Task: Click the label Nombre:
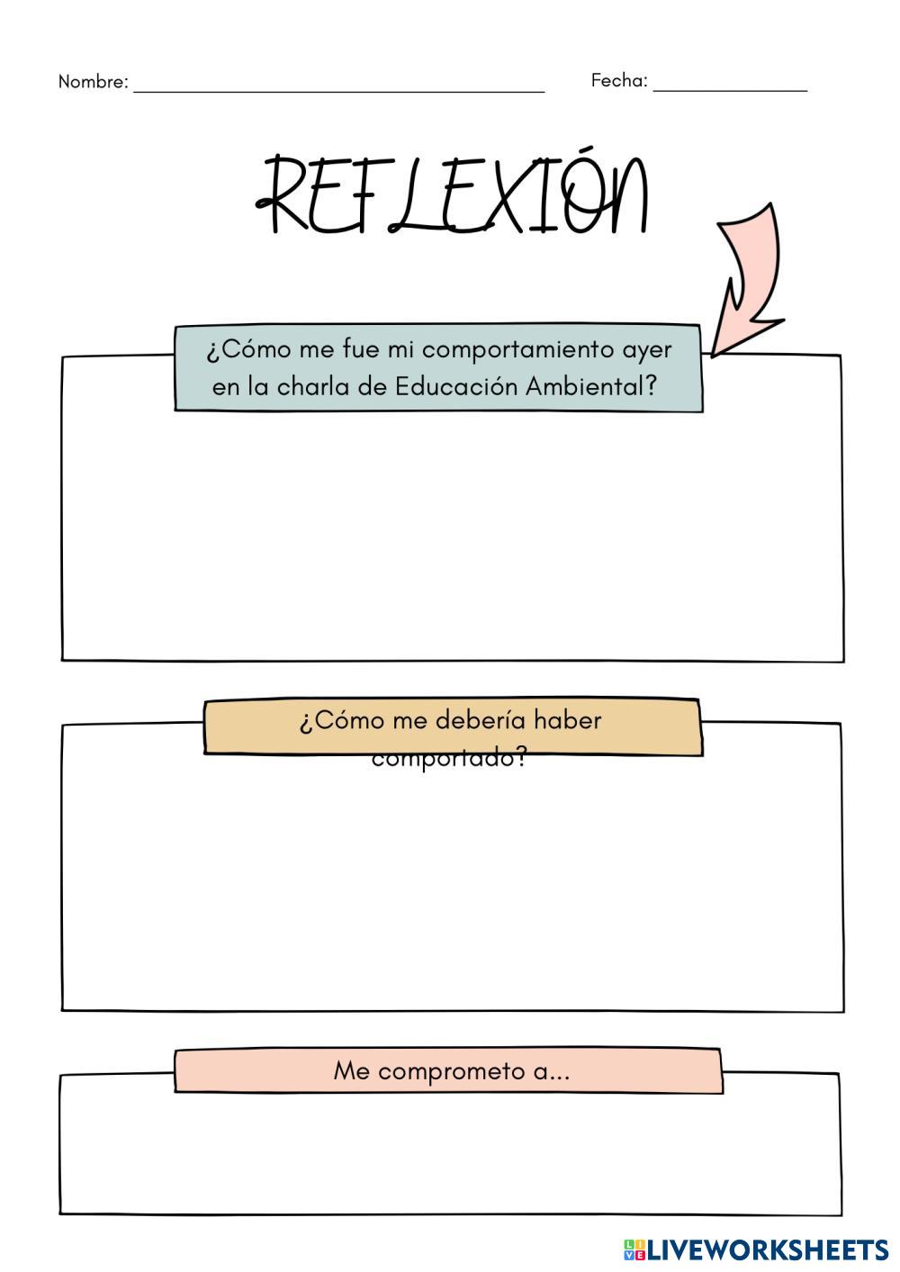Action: point(93,82)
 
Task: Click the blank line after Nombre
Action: point(339,88)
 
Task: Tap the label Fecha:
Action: point(619,80)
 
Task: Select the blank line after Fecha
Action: point(730,88)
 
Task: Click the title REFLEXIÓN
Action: point(453,195)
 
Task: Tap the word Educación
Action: point(456,386)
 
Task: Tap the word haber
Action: point(567,720)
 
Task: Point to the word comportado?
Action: point(449,758)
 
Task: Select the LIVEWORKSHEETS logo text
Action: point(768,1249)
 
